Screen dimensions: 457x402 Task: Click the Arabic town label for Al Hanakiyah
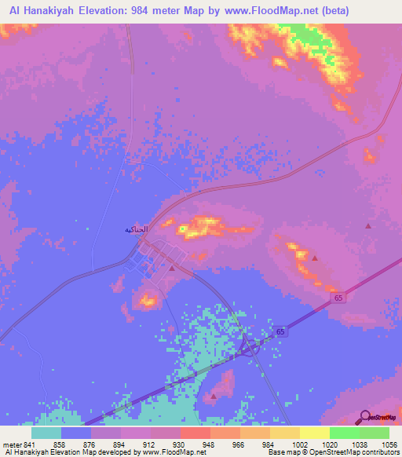(136, 229)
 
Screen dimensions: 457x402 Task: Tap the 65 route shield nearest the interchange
(281, 333)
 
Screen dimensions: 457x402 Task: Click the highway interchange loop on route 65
(250, 346)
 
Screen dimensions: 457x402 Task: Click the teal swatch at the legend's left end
(46, 433)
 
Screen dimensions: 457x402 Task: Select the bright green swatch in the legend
(344, 433)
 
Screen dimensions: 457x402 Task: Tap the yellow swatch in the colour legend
(314, 433)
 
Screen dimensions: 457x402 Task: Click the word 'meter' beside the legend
(11, 444)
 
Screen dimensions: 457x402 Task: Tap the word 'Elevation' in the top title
(116, 10)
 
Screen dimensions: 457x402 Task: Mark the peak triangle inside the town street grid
(172, 267)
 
